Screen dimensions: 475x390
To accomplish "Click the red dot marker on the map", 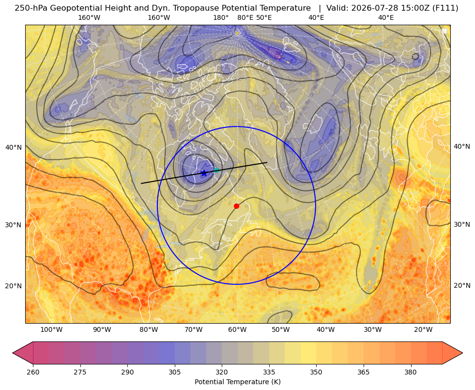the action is coord(237,206).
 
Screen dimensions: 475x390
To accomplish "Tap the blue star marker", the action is coord(204,173).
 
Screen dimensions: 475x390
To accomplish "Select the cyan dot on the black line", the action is coord(216,170).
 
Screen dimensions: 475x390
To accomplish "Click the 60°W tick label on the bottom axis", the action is coord(237,330).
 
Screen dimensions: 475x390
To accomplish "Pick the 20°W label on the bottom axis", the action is coord(423,330).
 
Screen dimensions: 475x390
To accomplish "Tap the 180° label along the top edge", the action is coord(221,17).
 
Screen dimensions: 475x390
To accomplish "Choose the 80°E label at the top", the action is coord(245,17).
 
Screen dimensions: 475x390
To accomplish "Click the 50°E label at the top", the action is coord(264,17).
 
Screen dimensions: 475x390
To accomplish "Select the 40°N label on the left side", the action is coord(14,148).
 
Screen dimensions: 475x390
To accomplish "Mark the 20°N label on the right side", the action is coord(462,285).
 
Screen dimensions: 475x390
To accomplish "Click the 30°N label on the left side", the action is coord(14,225).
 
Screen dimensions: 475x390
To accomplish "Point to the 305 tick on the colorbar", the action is coord(174,372).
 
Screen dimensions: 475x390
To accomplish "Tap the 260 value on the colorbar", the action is coord(33,372).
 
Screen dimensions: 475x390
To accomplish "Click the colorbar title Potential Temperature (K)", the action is coord(237,382).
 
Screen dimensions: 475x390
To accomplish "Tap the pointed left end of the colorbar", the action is coord(13,353).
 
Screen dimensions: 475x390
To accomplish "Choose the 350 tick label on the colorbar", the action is coord(316,372).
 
